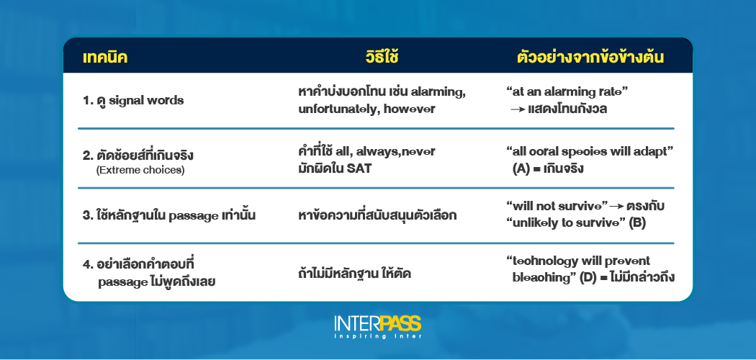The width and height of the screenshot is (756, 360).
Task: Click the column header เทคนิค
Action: [x=105, y=56]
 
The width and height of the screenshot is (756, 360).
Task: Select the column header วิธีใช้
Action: [x=381, y=56]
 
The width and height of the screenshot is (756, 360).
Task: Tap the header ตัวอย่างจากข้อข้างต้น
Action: [x=590, y=56]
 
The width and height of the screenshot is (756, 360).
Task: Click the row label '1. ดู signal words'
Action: [x=133, y=100]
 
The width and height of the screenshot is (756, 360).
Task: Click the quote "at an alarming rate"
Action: [x=567, y=92]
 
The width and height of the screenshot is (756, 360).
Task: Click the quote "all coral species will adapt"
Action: [x=588, y=153]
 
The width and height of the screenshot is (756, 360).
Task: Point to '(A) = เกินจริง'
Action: [x=548, y=169]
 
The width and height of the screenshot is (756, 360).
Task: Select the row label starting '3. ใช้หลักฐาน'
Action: [x=171, y=215]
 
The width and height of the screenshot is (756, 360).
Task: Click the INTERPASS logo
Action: [x=377, y=322]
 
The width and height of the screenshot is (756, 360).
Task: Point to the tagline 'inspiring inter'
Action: [x=377, y=336]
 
